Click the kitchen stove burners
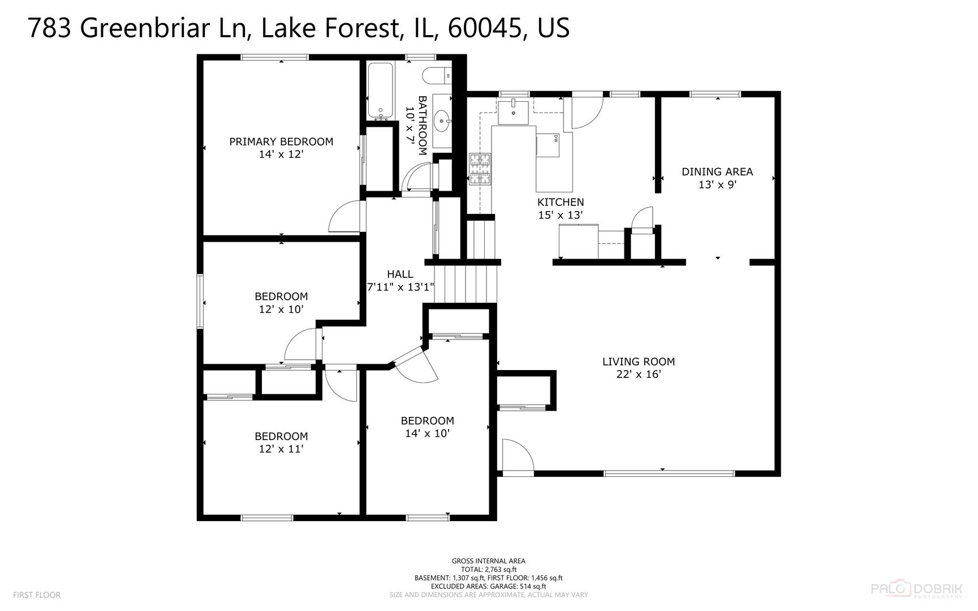coord(480,169)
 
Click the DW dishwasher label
coord(556,139)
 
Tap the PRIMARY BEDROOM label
coord(281,141)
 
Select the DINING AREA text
coord(717,171)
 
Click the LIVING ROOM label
coord(638,362)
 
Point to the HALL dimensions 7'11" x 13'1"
coord(400,287)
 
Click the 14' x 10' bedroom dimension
coord(427,433)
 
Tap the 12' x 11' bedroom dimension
coord(281,449)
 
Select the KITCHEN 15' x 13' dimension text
coord(560,215)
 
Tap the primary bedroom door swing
coord(344,217)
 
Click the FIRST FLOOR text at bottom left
coord(36,595)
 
